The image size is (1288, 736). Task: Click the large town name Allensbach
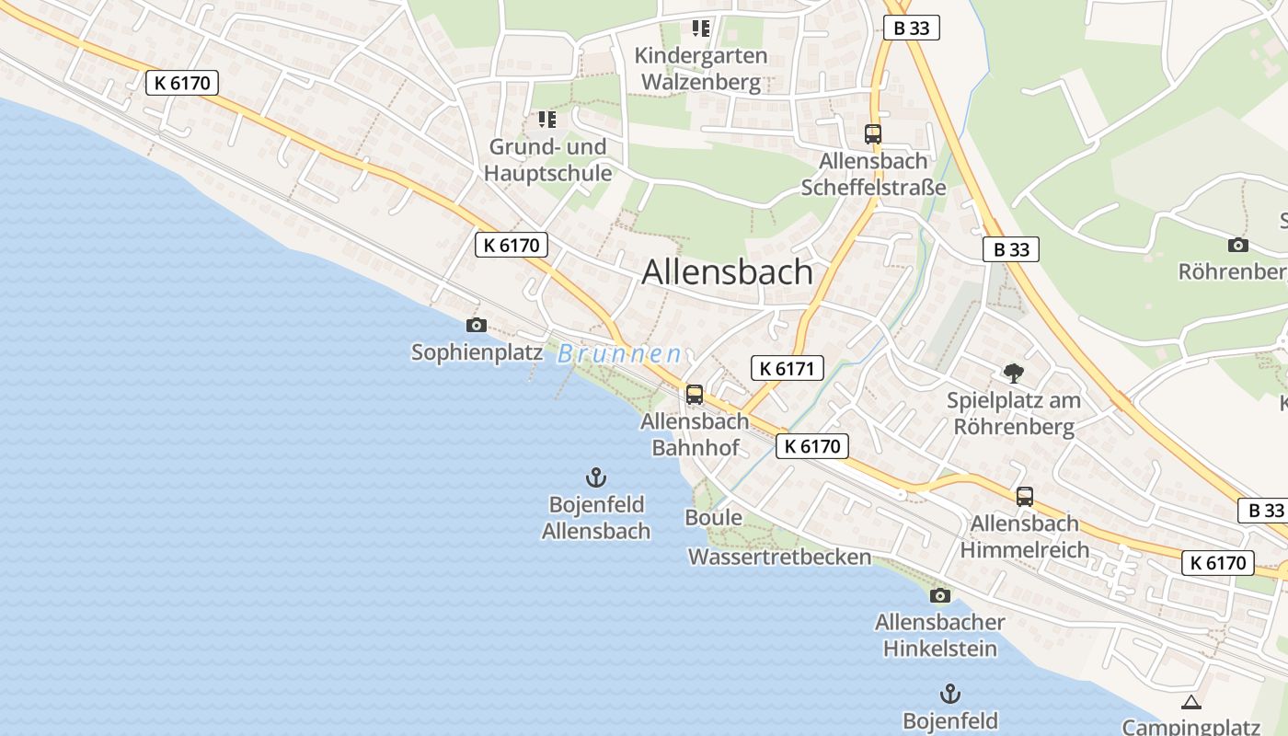pos(727,272)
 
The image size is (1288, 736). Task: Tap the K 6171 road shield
pos(787,369)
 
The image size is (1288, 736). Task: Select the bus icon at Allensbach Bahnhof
pos(695,395)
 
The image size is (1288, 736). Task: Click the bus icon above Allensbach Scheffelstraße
pos(873,134)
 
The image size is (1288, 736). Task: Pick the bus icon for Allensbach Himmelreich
pos(1025,497)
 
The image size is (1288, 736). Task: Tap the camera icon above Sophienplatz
pos(476,325)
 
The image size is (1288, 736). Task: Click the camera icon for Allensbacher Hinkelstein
pos(939,595)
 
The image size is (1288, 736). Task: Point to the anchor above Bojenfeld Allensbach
pos(596,477)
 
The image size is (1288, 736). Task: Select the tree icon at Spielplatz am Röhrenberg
pos(1014,373)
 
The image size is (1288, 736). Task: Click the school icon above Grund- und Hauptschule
pos(547,120)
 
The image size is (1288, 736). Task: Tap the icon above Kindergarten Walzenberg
pos(702,29)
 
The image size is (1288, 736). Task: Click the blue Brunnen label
pos(620,354)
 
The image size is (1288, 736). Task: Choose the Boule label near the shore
pos(713,518)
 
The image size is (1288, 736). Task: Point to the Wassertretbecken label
pos(779,557)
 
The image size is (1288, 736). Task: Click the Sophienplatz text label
pos(477,352)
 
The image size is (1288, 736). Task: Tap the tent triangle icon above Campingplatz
pos(1191,703)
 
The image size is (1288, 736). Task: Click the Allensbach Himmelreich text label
pos(1025,536)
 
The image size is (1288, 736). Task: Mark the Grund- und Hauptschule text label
pos(547,160)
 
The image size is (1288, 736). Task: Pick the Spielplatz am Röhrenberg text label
pos(1014,414)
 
